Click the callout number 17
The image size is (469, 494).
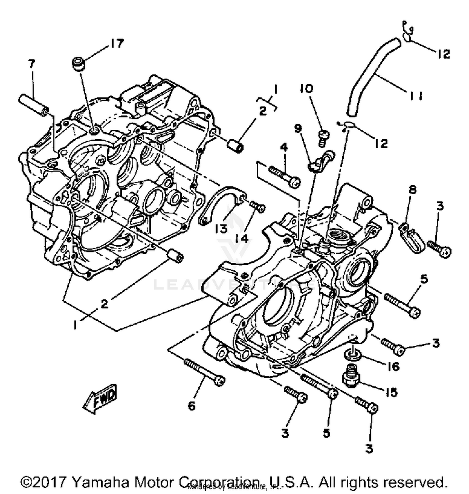(116, 43)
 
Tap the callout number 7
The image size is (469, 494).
(32, 64)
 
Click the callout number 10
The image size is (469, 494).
(307, 89)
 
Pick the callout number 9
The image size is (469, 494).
(298, 128)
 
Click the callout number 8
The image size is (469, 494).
(412, 190)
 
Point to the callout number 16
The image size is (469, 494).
(394, 366)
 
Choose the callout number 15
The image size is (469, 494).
(391, 392)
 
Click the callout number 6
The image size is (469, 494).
(191, 405)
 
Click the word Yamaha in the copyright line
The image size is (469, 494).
(100, 482)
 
